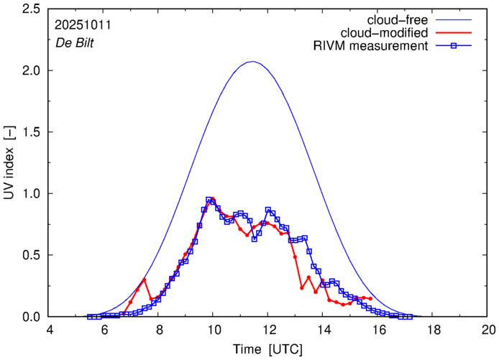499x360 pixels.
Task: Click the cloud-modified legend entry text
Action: [393, 33]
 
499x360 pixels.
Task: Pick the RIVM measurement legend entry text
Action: [372, 47]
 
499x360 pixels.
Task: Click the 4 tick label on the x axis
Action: [50, 330]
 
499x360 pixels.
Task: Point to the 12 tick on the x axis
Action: [268, 330]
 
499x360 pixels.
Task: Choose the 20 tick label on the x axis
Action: [487, 330]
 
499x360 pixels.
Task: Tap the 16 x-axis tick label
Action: [378, 330]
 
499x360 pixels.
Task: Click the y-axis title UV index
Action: [9, 162]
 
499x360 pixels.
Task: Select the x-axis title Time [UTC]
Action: [268, 349]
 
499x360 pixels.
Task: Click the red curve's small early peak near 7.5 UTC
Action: [145, 280]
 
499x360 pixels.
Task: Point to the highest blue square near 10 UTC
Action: [209, 200]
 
